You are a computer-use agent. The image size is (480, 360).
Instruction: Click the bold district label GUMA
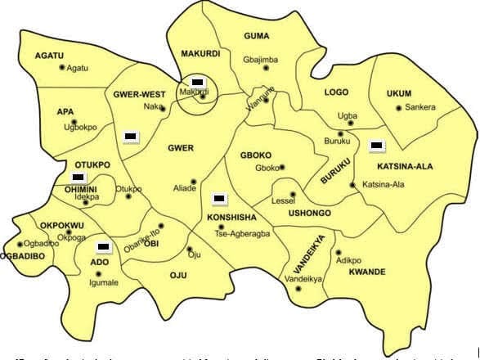256,36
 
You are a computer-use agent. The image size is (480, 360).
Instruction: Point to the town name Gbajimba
260,60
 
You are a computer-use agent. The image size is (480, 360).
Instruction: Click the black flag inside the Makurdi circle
197,83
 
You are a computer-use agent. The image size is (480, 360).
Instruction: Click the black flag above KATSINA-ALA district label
377,146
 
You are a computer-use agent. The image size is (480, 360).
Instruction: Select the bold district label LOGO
336,93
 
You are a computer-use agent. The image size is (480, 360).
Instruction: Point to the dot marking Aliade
194,181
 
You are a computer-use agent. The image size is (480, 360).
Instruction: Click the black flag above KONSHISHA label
218,198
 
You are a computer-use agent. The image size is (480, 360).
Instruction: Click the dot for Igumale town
98,273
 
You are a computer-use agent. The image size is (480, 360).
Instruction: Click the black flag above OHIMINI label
78,177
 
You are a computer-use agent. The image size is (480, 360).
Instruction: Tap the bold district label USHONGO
307,213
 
